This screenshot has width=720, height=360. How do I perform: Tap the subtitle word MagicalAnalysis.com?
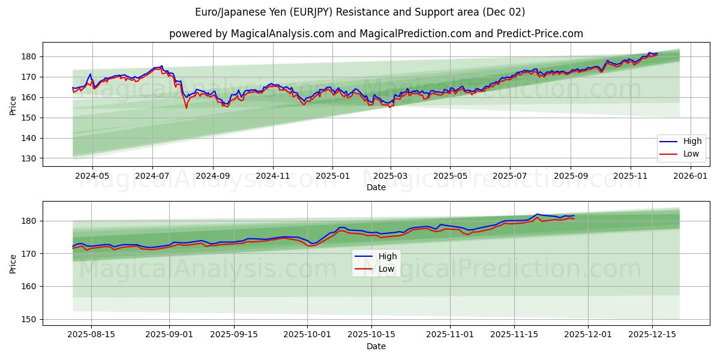[283, 34]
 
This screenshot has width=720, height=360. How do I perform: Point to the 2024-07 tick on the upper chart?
[152, 176]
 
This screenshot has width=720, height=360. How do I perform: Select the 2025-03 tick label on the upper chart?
[391, 176]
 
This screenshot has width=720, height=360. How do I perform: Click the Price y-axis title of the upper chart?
[13, 104]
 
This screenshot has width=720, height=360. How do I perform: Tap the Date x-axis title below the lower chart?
[376, 346]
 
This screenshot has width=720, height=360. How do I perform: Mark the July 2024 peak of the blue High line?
[161, 66]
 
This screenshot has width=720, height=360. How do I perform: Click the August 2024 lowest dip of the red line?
[186, 108]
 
